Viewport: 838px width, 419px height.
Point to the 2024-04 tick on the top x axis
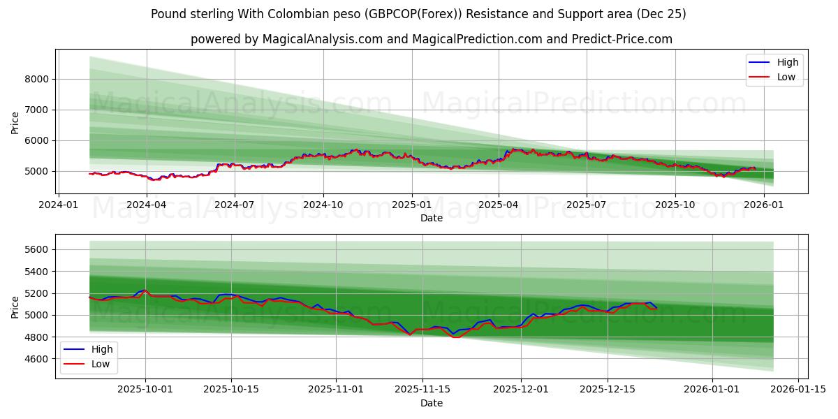(146, 205)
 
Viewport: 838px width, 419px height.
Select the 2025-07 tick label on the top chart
(586, 205)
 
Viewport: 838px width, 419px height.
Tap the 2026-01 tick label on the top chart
(764, 205)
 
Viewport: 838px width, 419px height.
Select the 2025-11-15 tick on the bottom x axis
(422, 390)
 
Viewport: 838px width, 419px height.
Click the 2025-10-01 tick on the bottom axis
(145, 390)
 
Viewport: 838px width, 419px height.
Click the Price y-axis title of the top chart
(15, 122)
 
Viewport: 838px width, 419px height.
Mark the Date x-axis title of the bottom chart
(431, 403)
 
